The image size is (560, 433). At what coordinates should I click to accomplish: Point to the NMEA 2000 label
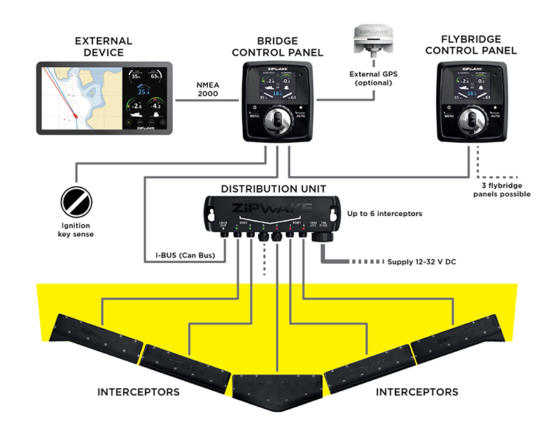click(x=206, y=90)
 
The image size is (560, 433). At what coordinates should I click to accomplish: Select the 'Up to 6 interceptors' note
click(x=385, y=212)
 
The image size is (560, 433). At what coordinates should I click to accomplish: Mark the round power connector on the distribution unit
click(x=323, y=238)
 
